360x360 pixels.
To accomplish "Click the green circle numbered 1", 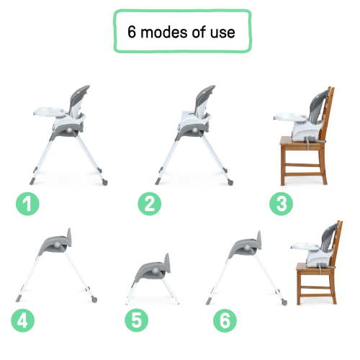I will click(x=29, y=204).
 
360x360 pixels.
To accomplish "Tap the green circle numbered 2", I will click(x=149, y=204).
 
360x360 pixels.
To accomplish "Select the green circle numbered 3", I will click(x=281, y=204).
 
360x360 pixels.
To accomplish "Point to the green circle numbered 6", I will click(x=225, y=318).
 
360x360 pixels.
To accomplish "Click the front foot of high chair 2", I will click(x=158, y=181).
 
